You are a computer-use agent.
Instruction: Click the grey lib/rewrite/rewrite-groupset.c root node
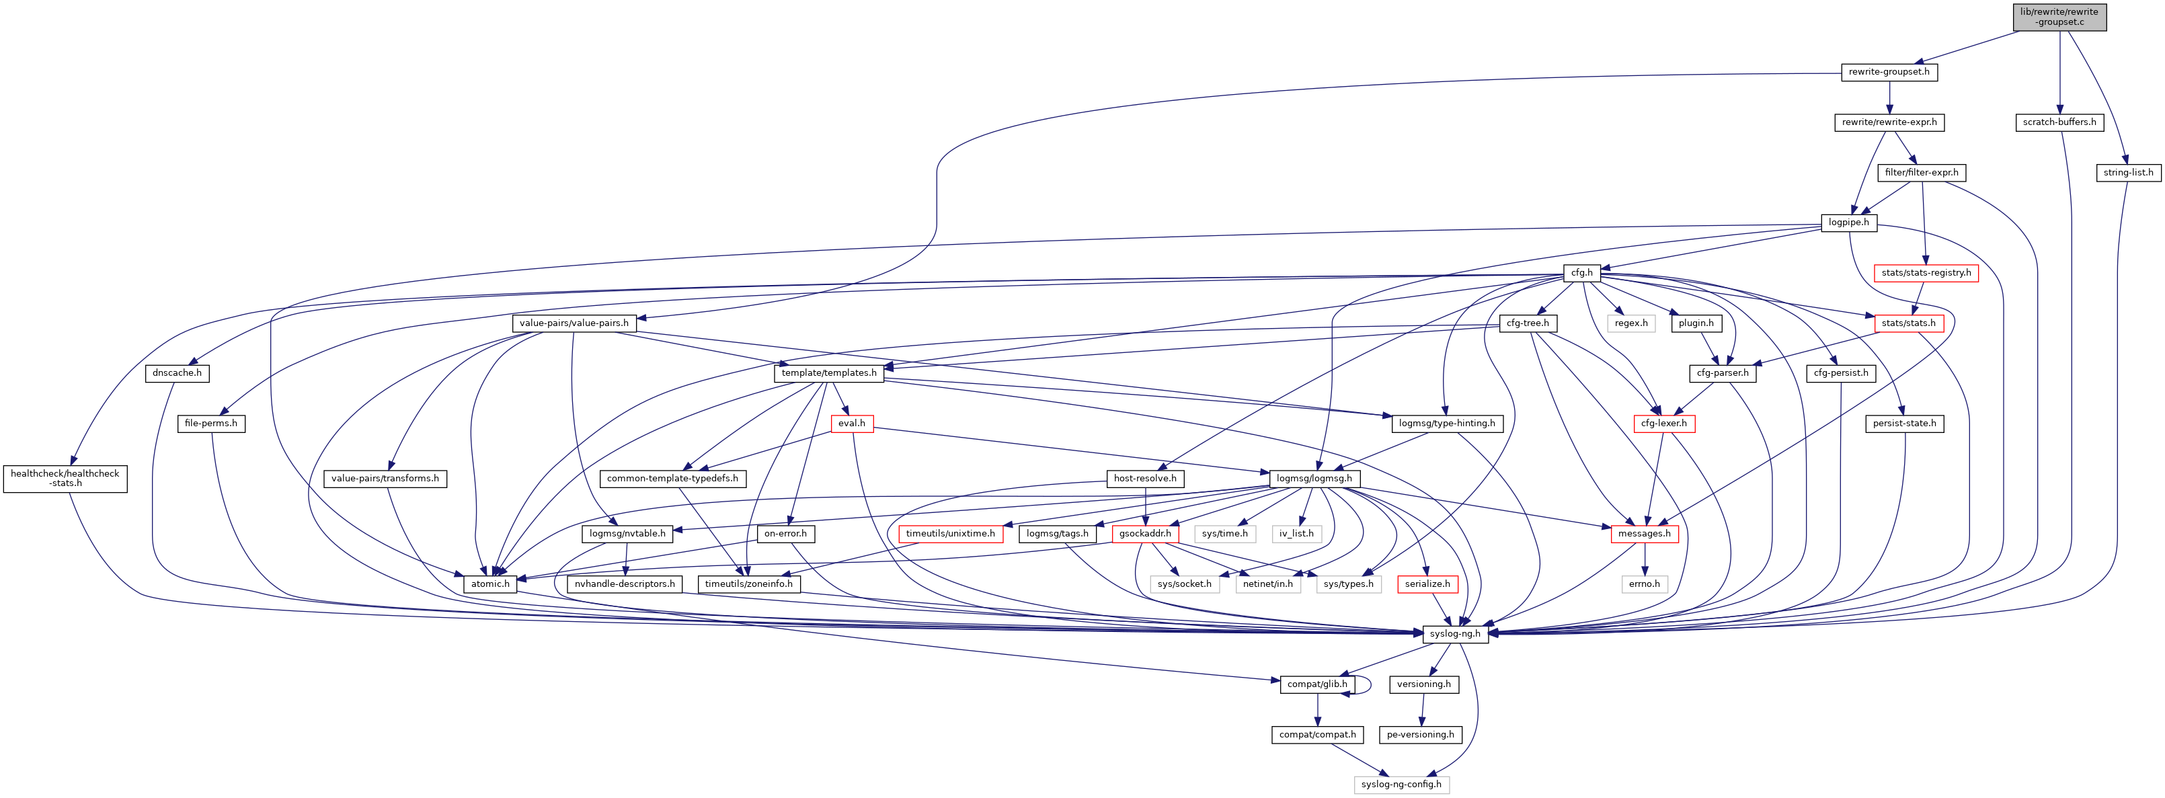[2059, 17]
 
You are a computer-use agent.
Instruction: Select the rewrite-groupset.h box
[1889, 72]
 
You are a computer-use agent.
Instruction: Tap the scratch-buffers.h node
[2059, 122]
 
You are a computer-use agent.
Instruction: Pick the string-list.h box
[2128, 173]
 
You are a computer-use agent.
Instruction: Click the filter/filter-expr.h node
[1922, 173]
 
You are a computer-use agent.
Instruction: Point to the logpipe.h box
[1848, 223]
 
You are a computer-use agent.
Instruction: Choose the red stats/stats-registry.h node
[1926, 273]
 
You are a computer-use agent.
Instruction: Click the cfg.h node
[1581, 273]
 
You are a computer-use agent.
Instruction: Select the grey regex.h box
[1631, 323]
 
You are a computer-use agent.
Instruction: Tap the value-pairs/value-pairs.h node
[574, 323]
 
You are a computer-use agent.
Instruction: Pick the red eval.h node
[851, 424]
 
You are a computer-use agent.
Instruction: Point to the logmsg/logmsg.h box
[1314, 479]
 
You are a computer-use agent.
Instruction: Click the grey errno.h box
[1644, 584]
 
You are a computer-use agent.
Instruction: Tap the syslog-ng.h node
[1455, 634]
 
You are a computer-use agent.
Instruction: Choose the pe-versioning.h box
[1420, 735]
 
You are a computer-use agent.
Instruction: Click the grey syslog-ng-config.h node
[1401, 785]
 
